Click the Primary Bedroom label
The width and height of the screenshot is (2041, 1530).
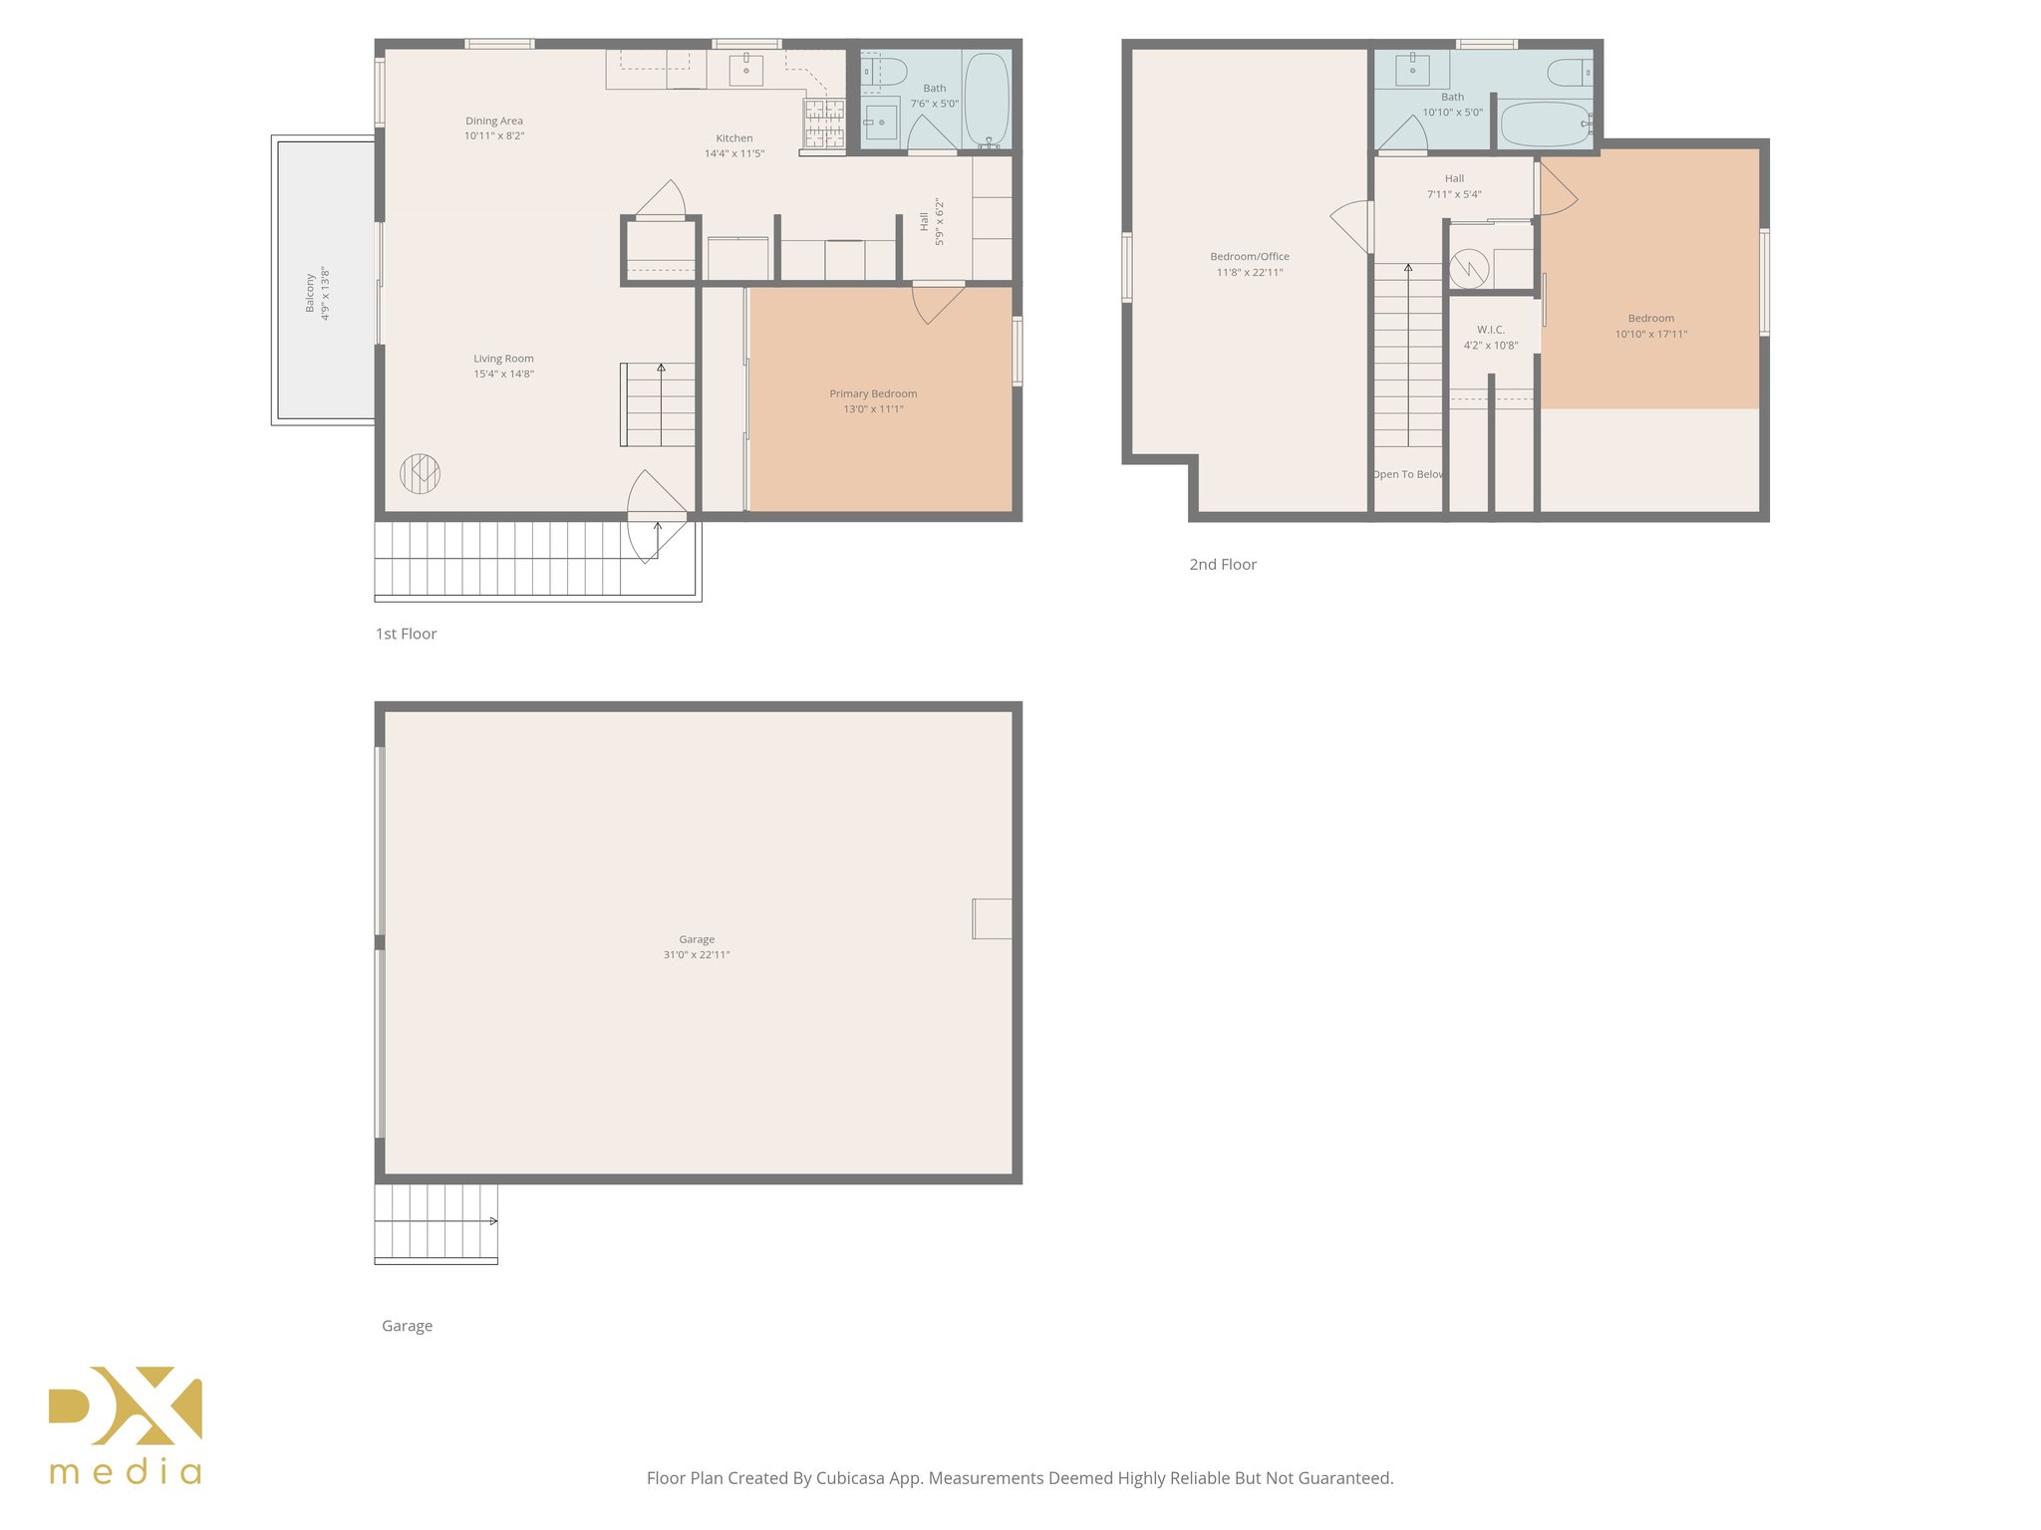tap(873, 393)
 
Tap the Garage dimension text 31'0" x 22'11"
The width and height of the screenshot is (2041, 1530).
tap(697, 955)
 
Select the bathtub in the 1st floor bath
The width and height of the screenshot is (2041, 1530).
tap(987, 100)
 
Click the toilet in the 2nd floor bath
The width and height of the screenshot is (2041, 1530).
tap(1570, 72)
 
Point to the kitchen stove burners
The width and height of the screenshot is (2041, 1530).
tap(824, 123)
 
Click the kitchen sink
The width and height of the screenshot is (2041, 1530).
tap(745, 70)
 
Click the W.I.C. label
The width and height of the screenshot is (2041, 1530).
tap(1491, 330)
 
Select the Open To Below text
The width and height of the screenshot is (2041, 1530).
tap(1407, 474)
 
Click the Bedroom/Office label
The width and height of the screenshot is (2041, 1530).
tap(1250, 257)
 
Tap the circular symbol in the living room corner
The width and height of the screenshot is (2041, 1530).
tap(420, 473)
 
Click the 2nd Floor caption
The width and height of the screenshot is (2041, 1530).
tap(1223, 565)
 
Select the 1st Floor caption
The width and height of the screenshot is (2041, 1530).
tap(406, 635)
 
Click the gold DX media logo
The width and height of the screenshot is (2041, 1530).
tap(126, 1424)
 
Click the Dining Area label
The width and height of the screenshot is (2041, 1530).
tap(494, 122)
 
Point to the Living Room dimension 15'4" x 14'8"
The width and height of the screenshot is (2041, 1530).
tap(503, 375)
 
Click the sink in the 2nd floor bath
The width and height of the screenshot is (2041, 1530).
tap(1412, 70)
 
